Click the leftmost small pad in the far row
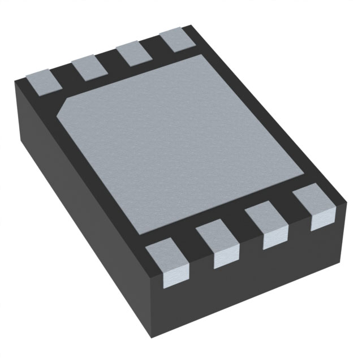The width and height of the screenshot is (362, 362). (44, 80)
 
